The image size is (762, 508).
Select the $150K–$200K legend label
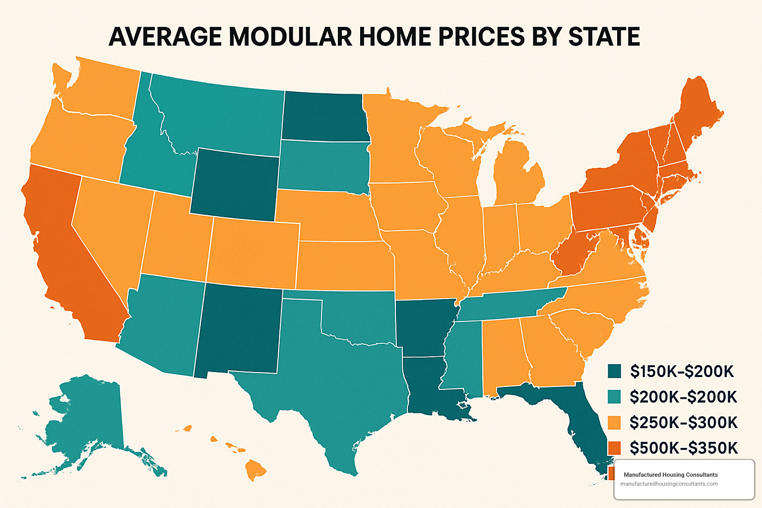click(682, 371)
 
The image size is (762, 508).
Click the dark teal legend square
click(614, 371)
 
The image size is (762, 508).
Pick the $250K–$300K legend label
click(684, 422)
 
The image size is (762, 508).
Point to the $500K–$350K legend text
click(684, 448)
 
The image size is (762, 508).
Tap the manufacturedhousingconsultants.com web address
click(669, 484)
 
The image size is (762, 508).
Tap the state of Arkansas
click(424, 327)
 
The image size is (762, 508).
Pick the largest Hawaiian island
click(255, 469)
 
